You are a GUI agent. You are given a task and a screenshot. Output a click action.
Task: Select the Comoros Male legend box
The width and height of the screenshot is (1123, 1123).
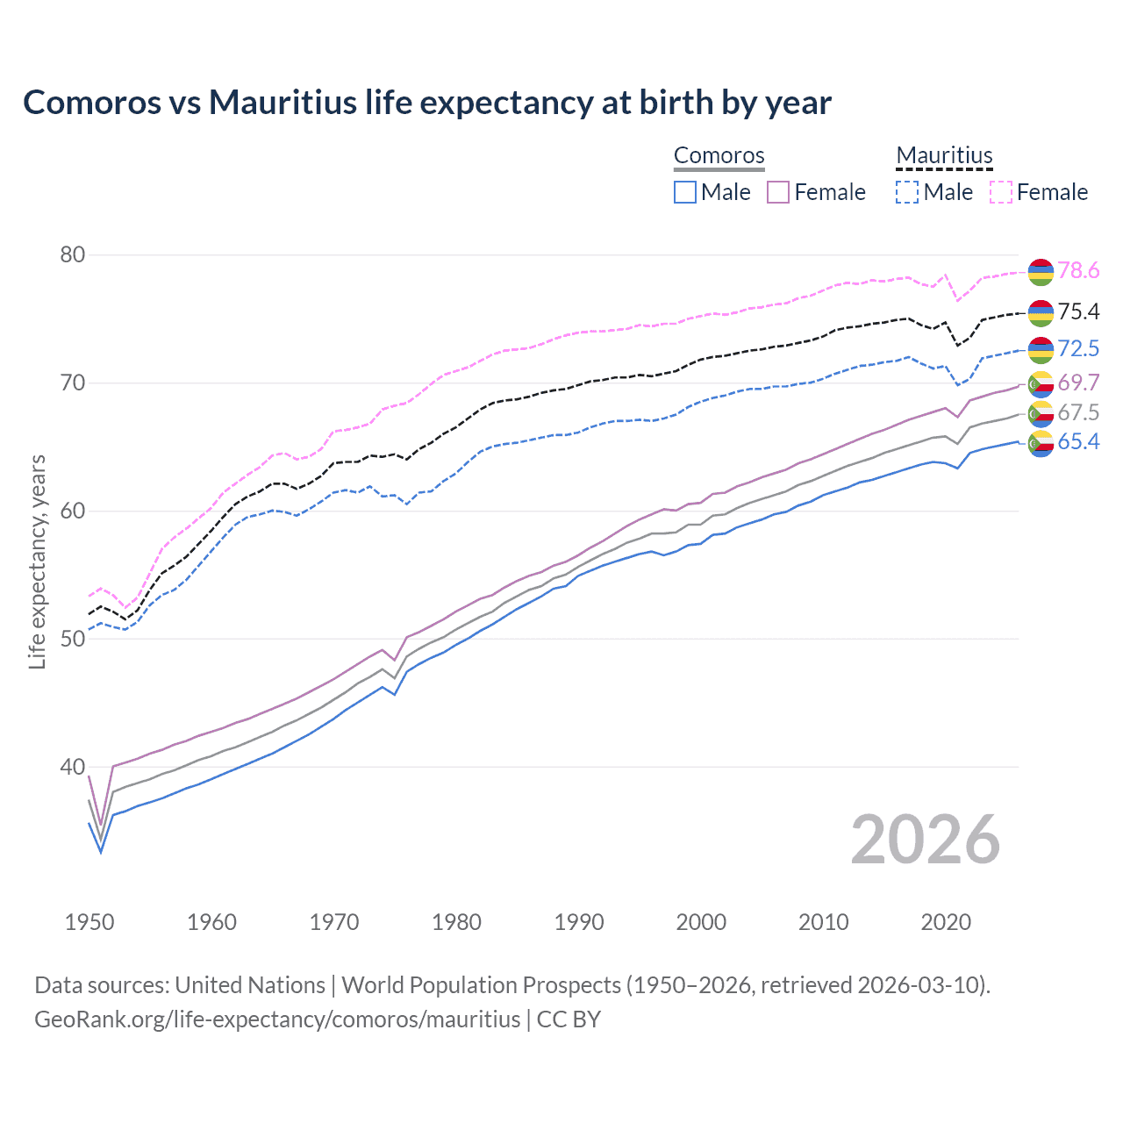tap(685, 192)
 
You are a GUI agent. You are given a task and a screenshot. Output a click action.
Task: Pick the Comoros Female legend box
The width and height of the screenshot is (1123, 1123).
tap(778, 192)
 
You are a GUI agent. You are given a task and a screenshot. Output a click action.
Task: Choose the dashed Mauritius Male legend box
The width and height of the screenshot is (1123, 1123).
tap(907, 192)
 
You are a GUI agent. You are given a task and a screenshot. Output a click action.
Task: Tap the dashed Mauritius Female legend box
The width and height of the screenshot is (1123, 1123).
tap(1001, 192)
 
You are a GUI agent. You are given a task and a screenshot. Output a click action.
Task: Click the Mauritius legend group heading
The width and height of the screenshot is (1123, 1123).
tap(944, 156)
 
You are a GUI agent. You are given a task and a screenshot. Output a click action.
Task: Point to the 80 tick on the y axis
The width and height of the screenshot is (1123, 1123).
tap(72, 255)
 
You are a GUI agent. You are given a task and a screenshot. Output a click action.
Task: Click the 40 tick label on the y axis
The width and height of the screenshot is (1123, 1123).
tap(72, 767)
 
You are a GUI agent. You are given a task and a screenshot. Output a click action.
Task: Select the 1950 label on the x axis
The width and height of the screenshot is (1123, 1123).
tap(89, 922)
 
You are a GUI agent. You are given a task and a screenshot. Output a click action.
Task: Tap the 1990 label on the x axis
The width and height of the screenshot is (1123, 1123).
tap(579, 922)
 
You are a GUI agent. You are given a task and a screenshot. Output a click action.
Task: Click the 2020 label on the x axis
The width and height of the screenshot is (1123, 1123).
tap(946, 922)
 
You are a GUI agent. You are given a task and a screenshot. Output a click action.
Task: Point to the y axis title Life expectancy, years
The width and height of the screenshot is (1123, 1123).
tap(38, 561)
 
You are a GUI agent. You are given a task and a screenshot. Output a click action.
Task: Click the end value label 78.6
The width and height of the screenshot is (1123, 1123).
tap(1078, 271)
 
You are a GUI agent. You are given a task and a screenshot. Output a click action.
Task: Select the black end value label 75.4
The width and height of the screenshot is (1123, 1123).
tap(1078, 312)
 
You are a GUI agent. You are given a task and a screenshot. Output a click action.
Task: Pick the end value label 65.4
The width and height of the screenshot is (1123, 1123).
tap(1078, 442)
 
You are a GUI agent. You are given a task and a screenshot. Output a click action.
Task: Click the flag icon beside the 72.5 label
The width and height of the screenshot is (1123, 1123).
tap(1041, 350)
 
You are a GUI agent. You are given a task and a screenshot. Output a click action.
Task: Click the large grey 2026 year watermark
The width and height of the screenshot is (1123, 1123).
tap(925, 840)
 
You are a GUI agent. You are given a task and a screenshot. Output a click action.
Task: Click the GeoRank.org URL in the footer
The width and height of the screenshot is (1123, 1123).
tap(277, 1019)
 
